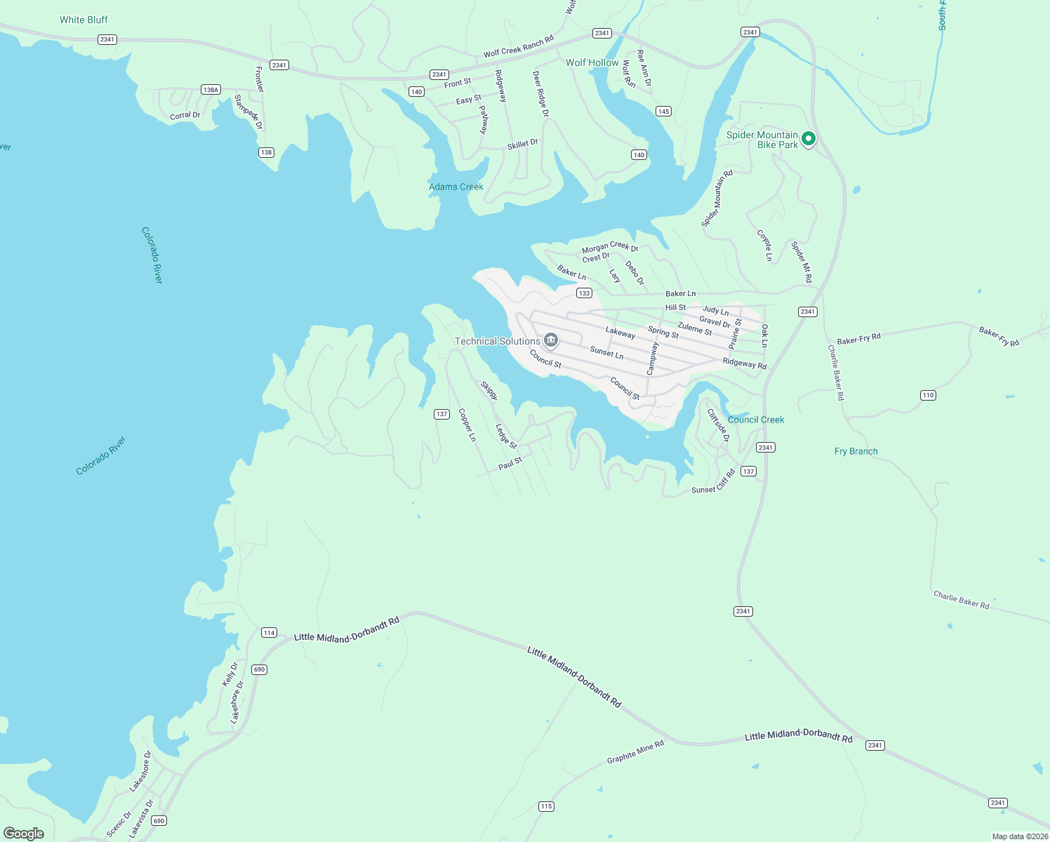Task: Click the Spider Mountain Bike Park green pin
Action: click(x=808, y=139)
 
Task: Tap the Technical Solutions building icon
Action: click(x=551, y=341)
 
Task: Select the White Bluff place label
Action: click(x=84, y=20)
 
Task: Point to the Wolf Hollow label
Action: click(x=592, y=62)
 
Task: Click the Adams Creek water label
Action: click(x=456, y=187)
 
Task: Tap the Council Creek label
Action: click(x=756, y=420)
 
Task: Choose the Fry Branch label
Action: click(x=856, y=451)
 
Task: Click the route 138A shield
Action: click(x=211, y=90)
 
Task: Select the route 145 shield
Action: click(x=663, y=111)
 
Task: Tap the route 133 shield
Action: click(x=584, y=293)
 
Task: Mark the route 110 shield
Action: click(x=928, y=395)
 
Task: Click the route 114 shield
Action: click(x=269, y=632)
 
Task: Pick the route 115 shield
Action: click(x=546, y=806)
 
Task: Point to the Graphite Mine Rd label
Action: click(x=635, y=752)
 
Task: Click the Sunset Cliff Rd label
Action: click(x=713, y=481)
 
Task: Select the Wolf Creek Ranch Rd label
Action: click(x=518, y=47)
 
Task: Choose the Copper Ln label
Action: click(x=467, y=425)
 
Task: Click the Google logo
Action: click(x=24, y=833)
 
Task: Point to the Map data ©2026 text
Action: click(x=1020, y=836)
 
